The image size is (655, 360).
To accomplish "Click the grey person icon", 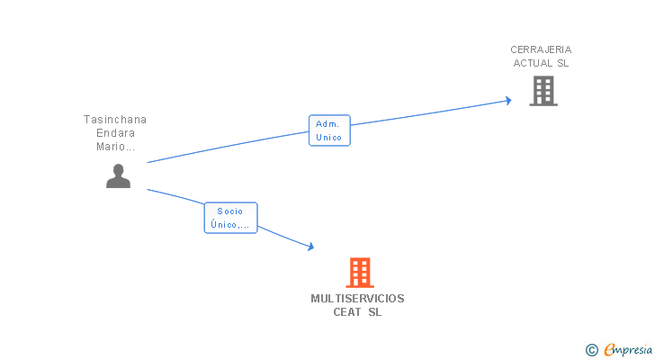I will [x=118, y=176].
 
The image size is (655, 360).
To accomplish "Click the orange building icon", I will [x=359, y=272].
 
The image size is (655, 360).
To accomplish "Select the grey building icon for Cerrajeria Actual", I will [x=543, y=90].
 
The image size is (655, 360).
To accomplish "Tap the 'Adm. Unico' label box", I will [x=329, y=130].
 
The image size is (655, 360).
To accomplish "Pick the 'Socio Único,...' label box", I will [x=230, y=218].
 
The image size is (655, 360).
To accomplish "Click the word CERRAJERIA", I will [x=541, y=49].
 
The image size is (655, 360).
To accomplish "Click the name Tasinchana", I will [x=115, y=119].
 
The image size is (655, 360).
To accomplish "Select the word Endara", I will [x=115, y=133].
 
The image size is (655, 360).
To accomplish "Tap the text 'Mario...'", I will [x=115, y=147].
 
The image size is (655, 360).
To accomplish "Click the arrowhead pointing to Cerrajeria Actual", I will [x=507, y=100].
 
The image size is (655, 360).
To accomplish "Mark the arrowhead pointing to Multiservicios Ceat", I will [x=310, y=247].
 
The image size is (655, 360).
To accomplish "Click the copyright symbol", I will [x=591, y=349].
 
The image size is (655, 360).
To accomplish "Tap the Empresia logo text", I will [x=628, y=349].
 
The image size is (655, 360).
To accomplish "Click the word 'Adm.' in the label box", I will [x=329, y=124].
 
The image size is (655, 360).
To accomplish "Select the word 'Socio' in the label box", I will [x=230, y=211].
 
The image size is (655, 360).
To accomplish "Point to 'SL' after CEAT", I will [x=374, y=312].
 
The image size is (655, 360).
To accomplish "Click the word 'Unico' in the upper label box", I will [x=329, y=138].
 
